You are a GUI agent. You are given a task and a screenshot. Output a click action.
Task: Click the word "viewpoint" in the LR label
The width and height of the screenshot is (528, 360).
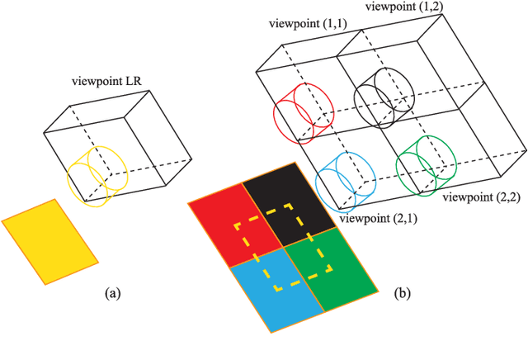96,81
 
